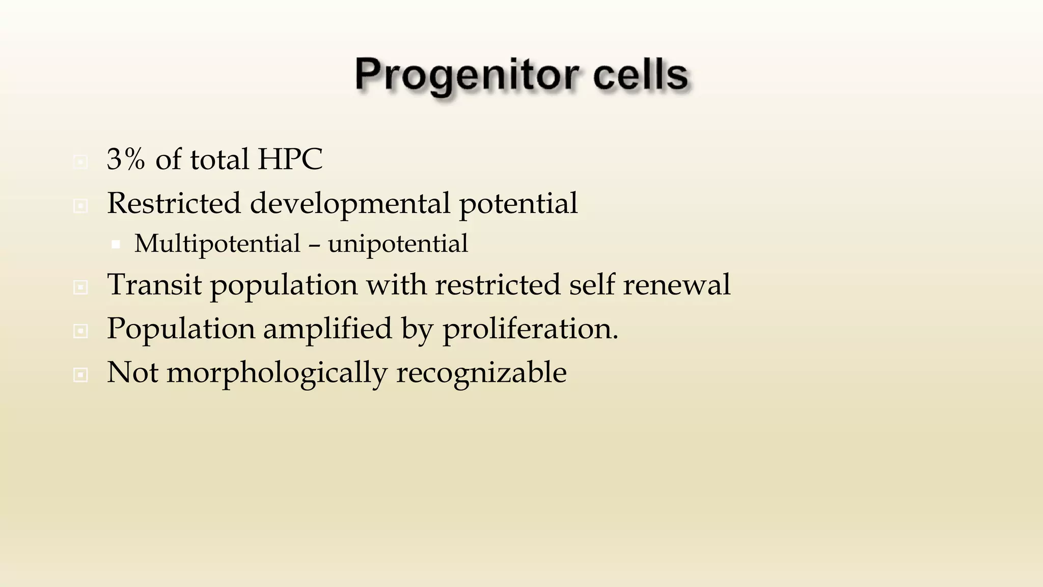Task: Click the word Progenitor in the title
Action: tap(466, 75)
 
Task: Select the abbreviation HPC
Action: tap(290, 159)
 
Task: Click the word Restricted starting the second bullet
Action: tap(174, 203)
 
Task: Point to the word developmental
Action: tap(350, 204)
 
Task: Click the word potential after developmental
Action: tap(518, 204)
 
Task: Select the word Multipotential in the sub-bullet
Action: tap(217, 244)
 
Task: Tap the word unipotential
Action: tap(398, 244)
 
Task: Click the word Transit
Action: tap(154, 284)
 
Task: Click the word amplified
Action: tap(327, 329)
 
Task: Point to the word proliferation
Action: tap(530, 329)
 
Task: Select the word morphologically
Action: tap(277, 373)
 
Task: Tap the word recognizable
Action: tap(481, 373)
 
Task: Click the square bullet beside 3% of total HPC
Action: tap(80, 162)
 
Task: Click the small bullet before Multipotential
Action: tap(116, 245)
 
